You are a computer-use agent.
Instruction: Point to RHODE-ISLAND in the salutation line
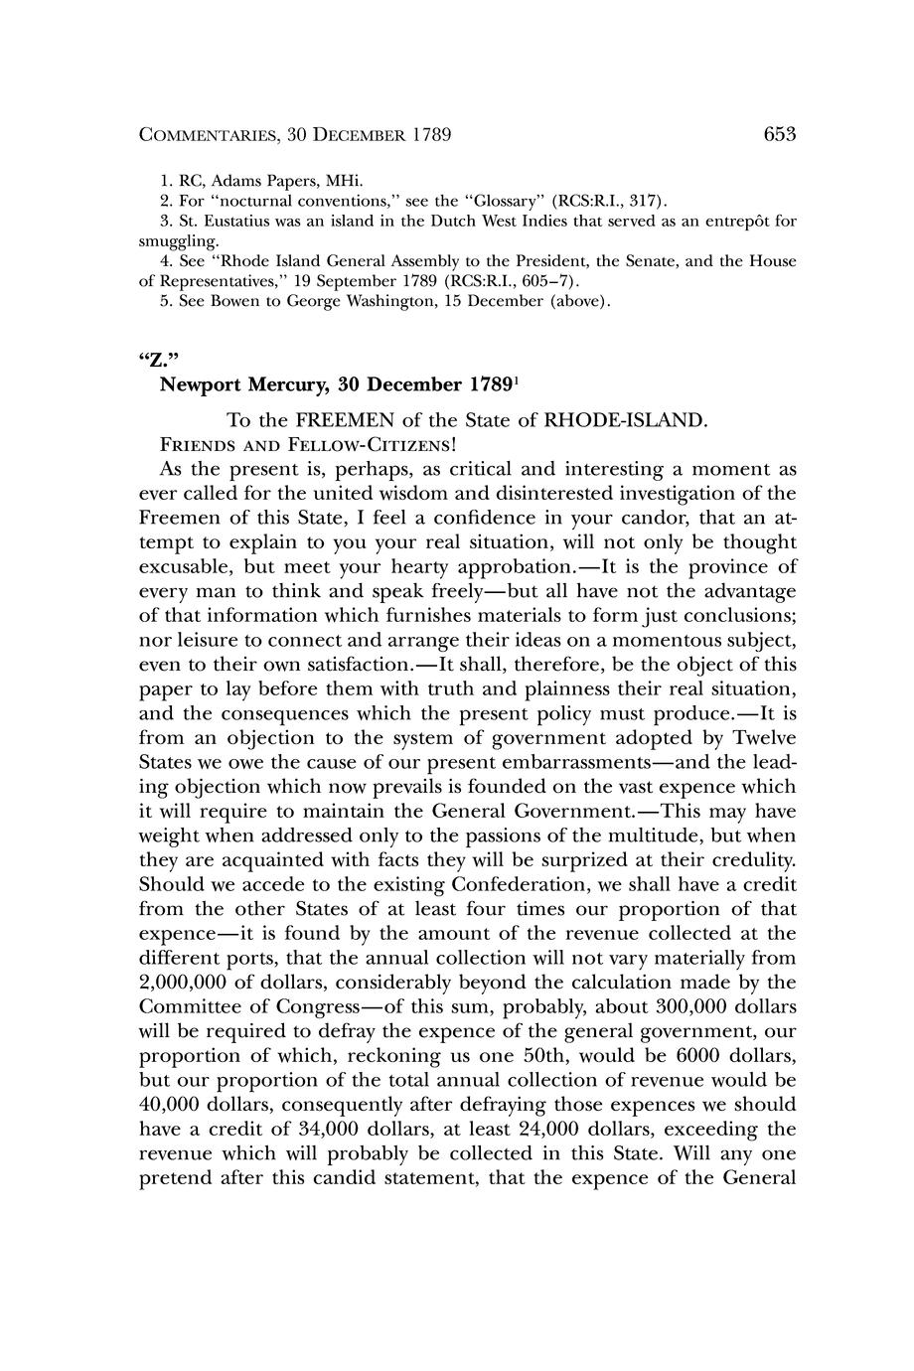(625, 420)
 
